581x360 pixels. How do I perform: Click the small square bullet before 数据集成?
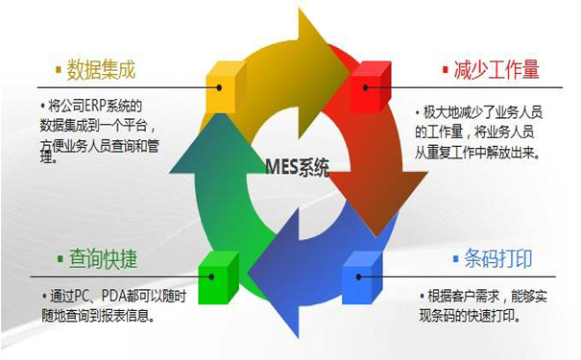tap(60, 70)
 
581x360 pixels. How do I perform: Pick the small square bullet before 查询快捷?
tap(60, 259)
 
